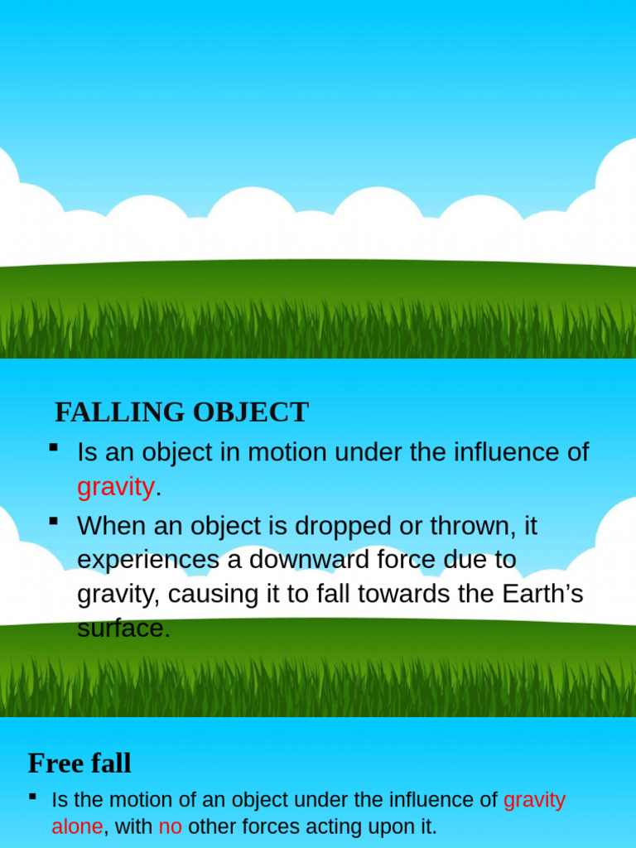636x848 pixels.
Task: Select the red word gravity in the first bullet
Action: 115,487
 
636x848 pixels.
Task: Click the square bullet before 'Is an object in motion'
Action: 54,448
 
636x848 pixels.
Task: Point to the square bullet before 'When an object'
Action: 54,521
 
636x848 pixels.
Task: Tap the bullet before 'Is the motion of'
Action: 32,796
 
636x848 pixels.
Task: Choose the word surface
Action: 123,629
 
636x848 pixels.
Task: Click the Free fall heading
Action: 79,763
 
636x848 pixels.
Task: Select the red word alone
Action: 77,826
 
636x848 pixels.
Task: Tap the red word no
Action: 170,826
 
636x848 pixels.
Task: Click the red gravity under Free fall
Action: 534,800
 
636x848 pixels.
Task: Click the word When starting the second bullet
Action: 109,526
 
